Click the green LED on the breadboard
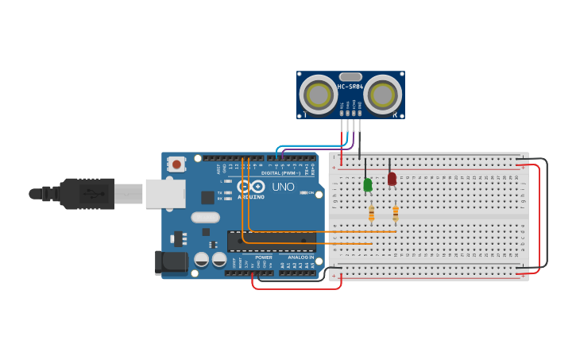[367, 184]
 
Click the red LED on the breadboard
[392, 179]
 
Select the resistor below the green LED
[371, 213]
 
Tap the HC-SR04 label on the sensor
[350, 87]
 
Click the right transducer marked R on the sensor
[382, 95]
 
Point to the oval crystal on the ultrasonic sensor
[350, 77]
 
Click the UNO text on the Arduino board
[284, 187]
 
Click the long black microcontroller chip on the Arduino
[271, 241]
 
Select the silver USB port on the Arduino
[165, 193]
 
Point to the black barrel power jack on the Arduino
[170, 262]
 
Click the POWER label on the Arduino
[264, 257]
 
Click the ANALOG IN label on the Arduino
[300, 257]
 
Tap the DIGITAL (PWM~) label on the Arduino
[278, 172]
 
